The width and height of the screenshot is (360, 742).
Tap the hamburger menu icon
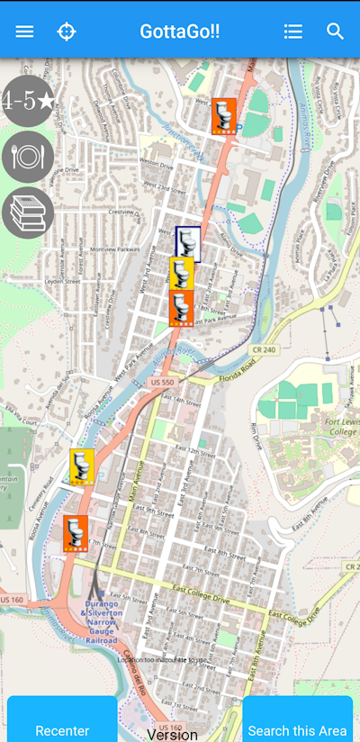click(24, 32)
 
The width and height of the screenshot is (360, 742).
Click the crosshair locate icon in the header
click(67, 32)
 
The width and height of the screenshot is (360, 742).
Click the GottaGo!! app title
click(179, 32)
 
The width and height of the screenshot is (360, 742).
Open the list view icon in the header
click(292, 32)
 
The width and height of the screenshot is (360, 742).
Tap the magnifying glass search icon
click(336, 32)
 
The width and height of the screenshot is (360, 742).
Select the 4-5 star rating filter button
click(28, 101)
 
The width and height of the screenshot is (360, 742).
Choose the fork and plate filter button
click(28, 157)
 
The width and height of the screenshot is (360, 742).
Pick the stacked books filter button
click(28, 213)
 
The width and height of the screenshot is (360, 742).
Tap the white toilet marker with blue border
click(188, 244)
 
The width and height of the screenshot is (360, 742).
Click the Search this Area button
click(297, 729)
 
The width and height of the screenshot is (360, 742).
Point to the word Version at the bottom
click(173, 734)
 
